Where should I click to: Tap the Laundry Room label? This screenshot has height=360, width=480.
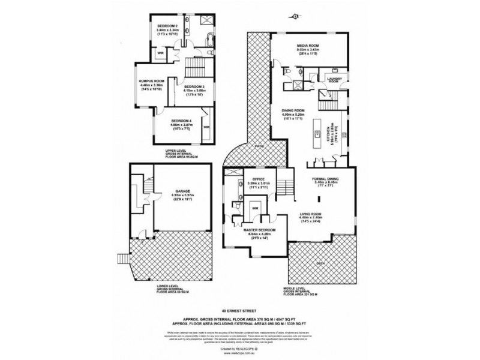click(x=334, y=79)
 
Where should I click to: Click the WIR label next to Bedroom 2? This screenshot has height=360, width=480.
click(x=160, y=54)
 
